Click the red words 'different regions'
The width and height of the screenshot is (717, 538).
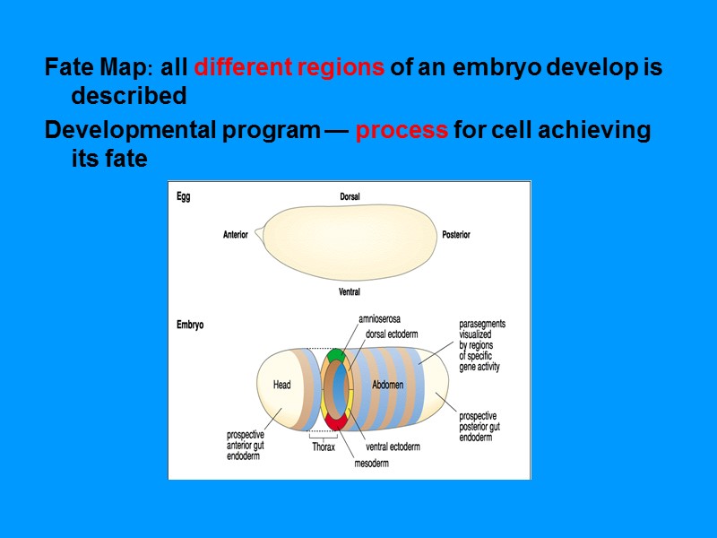(289, 68)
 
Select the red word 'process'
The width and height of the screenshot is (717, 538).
(402, 131)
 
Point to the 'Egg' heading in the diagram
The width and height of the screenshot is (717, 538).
(183, 196)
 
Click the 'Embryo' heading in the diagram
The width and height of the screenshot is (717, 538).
(189, 325)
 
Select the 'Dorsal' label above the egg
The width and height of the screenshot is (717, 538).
(350, 196)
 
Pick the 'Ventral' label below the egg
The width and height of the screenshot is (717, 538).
(350, 292)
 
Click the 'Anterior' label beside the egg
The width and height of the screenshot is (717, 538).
(235, 235)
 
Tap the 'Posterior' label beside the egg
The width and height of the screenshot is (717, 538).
(455, 235)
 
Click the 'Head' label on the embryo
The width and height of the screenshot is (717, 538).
(281, 386)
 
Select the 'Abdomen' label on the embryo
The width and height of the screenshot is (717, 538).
(387, 386)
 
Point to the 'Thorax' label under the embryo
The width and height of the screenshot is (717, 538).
(323, 447)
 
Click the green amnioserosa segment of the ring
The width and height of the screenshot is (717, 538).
(335, 355)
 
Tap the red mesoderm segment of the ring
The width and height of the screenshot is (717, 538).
(336, 421)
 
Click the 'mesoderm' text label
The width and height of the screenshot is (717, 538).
(372, 464)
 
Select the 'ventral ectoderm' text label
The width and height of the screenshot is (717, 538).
(395, 447)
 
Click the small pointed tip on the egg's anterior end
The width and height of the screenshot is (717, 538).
(257, 234)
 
